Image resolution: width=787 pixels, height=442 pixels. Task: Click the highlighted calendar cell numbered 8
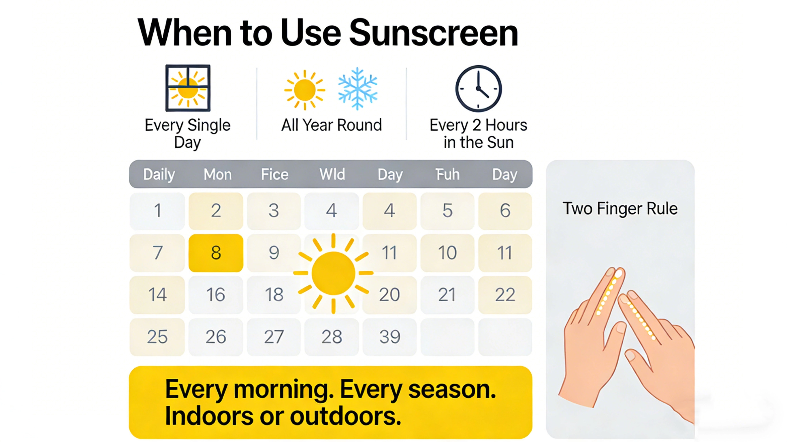click(216, 253)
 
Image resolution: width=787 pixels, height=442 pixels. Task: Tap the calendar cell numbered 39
click(389, 337)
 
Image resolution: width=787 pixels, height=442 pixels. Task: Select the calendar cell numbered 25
click(157, 337)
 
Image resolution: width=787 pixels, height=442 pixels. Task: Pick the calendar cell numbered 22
click(505, 295)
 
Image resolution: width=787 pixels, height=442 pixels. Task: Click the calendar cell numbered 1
click(157, 210)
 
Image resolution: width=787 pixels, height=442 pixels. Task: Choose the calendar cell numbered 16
click(216, 295)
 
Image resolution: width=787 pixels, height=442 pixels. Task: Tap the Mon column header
click(218, 174)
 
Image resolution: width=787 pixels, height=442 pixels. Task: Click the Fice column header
click(275, 174)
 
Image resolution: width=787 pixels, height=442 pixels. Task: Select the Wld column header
click(332, 174)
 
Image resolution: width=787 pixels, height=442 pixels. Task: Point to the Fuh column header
click(447, 174)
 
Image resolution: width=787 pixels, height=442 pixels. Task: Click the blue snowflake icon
click(358, 89)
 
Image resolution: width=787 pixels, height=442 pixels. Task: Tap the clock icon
click(479, 88)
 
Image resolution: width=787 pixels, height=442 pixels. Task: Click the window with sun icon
click(188, 88)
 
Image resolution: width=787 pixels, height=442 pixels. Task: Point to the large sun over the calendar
click(333, 273)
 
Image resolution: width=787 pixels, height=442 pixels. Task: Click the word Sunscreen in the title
click(433, 33)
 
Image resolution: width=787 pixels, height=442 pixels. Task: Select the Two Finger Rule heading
click(620, 209)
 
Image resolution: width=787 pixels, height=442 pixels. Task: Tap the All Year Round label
click(332, 125)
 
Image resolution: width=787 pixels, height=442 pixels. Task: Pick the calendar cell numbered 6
click(505, 210)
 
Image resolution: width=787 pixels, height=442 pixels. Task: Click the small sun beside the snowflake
click(304, 90)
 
